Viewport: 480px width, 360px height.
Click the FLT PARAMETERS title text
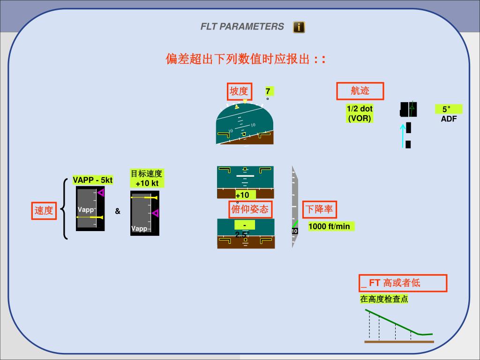click(x=242, y=27)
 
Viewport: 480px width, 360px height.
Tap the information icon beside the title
click(x=299, y=27)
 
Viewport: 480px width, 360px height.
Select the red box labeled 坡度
click(x=239, y=91)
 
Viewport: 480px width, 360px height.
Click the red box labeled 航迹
click(x=360, y=91)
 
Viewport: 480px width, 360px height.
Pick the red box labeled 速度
click(x=44, y=210)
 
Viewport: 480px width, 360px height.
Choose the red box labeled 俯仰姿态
click(x=250, y=209)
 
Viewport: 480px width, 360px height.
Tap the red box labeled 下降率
click(x=319, y=209)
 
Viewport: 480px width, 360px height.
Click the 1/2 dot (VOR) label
click(x=360, y=113)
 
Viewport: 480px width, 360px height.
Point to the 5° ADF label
click(x=449, y=113)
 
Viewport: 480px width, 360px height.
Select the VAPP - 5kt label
click(x=93, y=180)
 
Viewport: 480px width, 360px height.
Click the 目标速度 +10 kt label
click(x=147, y=179)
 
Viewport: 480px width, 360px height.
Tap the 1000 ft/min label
click(x=329, y=227)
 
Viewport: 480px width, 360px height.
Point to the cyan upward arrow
click(x=402, y=136)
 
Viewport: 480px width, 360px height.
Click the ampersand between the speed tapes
click(x=118, y=211)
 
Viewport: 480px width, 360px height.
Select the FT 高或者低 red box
click(x=403, y=283)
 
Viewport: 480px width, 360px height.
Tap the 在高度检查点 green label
click(x=384, y=299)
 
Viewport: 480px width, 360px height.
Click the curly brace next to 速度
click(x=65, y=209)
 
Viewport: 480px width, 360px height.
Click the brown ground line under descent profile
click(x=399, y=342)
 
